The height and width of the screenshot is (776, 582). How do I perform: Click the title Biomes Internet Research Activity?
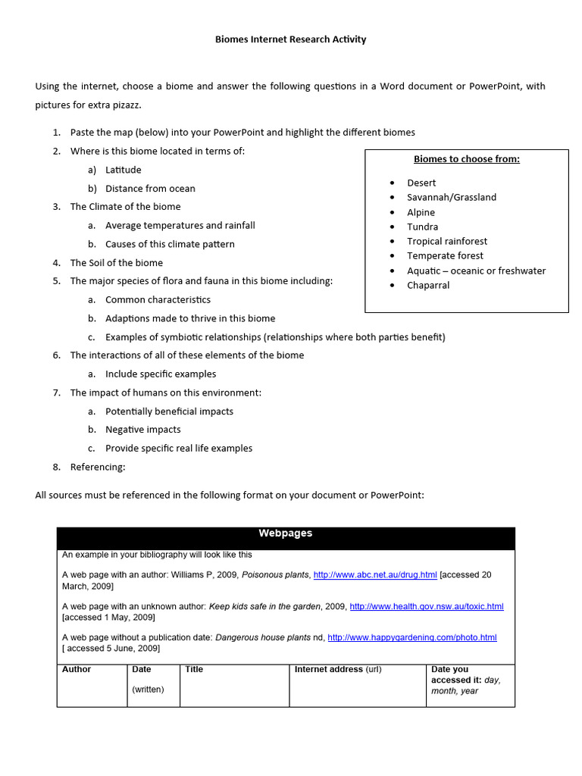click(291, 39)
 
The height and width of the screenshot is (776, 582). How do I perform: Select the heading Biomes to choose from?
click(466, 159)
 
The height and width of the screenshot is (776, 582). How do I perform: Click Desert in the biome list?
click(421, 183)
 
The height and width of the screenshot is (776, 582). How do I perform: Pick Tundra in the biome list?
click(422, 227)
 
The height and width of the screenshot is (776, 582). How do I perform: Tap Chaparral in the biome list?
click(428, 285)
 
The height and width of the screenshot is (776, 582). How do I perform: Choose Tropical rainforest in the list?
click(447, 241)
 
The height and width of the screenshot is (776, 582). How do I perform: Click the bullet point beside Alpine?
click(393, 212)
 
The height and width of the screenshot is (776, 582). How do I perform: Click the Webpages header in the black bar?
click(286, 533)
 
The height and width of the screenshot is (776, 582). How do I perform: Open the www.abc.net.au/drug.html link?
click(375, 575)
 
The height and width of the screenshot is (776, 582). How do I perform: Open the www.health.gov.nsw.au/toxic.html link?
click(427, 606)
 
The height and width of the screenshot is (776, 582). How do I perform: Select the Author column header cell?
click(77, 670)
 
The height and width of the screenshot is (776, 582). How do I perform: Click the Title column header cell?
click(194, 670)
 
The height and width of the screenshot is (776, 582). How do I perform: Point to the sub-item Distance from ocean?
click(150, 189)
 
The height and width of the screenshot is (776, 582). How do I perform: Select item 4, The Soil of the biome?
click(116, 263)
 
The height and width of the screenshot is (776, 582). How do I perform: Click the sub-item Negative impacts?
click(143, 430)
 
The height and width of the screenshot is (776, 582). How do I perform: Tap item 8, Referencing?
click(98, 467)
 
